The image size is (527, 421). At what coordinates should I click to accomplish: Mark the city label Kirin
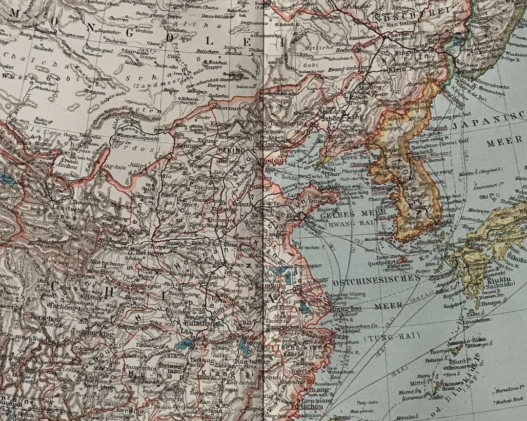click(398, 70)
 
